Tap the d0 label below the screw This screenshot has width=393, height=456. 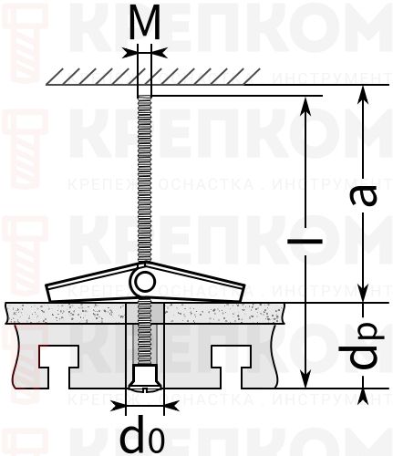pos(143,434)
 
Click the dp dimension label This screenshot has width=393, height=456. pos(366,346)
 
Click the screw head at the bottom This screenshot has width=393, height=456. pos(143,377)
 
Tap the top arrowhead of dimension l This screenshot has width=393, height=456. pos(305,104)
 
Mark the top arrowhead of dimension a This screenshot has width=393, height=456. pos(365,95)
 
